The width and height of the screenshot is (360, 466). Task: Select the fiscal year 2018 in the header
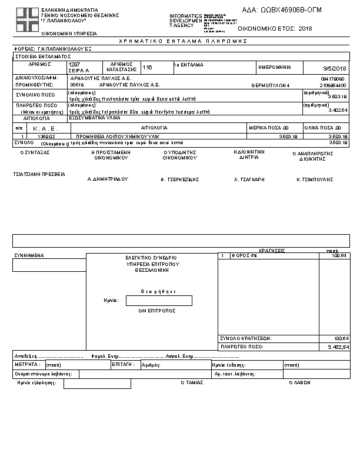click(x=305, y=28)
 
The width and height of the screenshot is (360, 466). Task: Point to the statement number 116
click(x=147, y=68)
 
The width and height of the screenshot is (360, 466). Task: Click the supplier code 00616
click(x=76, y=85)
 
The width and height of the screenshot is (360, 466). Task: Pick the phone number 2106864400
click(x=334, y=85)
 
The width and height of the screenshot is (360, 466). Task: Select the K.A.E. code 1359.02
click(x=46, y=137)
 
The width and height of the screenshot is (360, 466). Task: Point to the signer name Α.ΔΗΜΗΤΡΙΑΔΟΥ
click(x=108, y=178)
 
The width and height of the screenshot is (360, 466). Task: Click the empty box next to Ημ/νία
click(x=159, y=301)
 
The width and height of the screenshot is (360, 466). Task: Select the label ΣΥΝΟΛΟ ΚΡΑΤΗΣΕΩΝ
click(x=245, y=339)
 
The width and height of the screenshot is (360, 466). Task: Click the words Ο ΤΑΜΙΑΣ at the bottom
click(x=192, y=382)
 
